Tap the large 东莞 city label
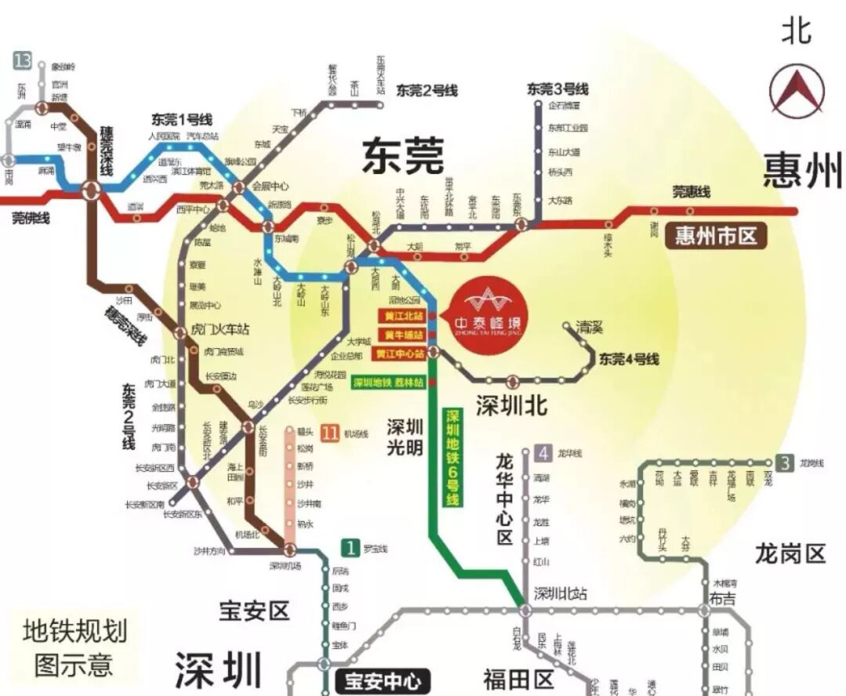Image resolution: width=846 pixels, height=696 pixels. click(403, 156)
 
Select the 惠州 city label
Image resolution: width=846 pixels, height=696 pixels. click(803, 170)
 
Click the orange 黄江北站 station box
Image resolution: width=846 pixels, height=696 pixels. click(400, 317)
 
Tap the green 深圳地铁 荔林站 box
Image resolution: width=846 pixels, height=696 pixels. click(389, 383)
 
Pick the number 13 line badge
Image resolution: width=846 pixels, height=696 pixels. click(22, 60)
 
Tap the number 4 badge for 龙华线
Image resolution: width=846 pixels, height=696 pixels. click(543, 453)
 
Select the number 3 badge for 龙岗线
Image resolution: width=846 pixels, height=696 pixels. click(785, 463)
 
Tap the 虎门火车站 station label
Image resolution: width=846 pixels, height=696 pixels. click(220, 330)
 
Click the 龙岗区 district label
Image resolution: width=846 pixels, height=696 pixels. click(790, 554)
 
